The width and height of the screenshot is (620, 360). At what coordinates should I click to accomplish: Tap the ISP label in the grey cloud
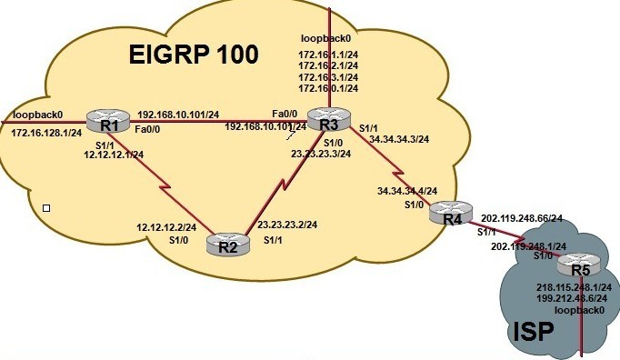tap(529, 331)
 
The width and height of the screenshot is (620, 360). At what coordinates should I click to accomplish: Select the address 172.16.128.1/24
tap(46, 134)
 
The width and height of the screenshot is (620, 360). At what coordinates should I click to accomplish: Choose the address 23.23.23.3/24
tap(320, 153)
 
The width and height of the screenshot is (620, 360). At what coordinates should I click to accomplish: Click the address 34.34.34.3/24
tap(399, 139)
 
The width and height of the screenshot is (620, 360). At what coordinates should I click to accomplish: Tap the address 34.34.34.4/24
tap(406, 192)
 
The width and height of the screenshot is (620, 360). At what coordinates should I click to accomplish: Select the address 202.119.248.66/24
tap(521, 219)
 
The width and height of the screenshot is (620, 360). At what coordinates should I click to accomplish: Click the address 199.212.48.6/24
tap(572, 298)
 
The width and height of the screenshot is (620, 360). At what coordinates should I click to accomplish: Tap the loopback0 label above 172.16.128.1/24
tap(38, 115)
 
